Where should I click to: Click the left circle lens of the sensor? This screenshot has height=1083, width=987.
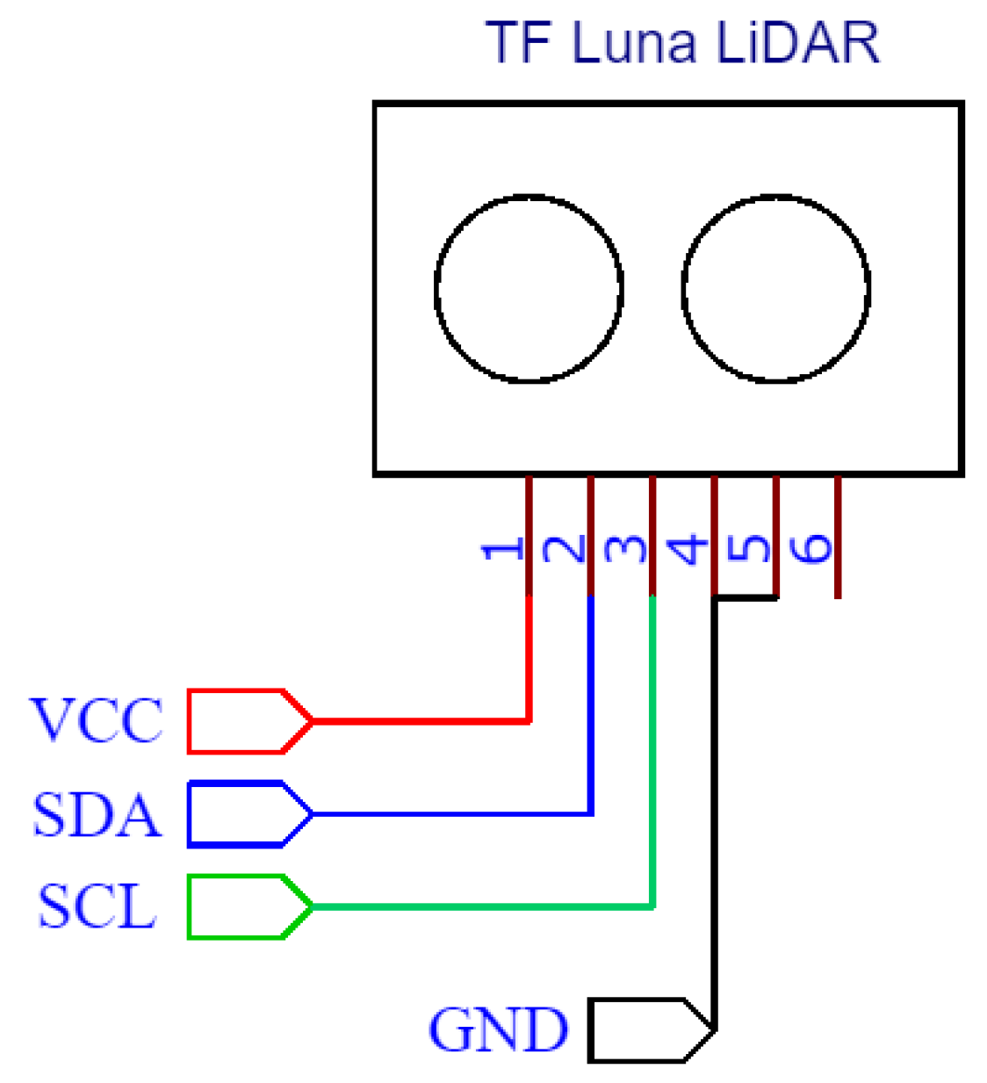pyautogui.click(x=529, y=288)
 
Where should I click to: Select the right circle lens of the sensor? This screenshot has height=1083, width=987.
pyautogui.click(x=775, y=288)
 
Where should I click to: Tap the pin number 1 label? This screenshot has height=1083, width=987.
pyautogui.click(x=503, y=550)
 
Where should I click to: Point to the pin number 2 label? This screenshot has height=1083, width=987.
pyautogui.click(x=565, y=550)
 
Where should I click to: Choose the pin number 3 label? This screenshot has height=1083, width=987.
pyautogui.click(x=626, y=550)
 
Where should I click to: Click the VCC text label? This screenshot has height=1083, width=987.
pyautogui.click(x=97, y=721)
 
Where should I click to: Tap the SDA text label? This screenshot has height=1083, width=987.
pyautogui.click(x=97, y=815)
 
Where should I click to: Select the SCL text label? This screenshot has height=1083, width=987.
pyautogui.click(x=97, y=906)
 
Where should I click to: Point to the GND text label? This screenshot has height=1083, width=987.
pyautogui.click(x=498, y=1029)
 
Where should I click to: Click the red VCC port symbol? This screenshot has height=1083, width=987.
pyautogui.click(x=249, y=721)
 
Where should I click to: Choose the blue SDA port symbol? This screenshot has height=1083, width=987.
pyautogui.click(x=249, y=814)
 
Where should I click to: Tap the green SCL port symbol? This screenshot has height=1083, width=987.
pyautogui.click(x=249, y=906)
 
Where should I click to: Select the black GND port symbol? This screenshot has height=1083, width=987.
pyautogui.click(x=650, y=1029)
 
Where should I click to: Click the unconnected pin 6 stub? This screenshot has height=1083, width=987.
pyautogui.click(x=838, y=538)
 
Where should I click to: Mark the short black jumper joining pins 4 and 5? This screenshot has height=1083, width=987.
pyautogui.click(x=746, y=598)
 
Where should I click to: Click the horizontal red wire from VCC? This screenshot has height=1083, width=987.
pyautogui.click(x=421, y=721)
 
